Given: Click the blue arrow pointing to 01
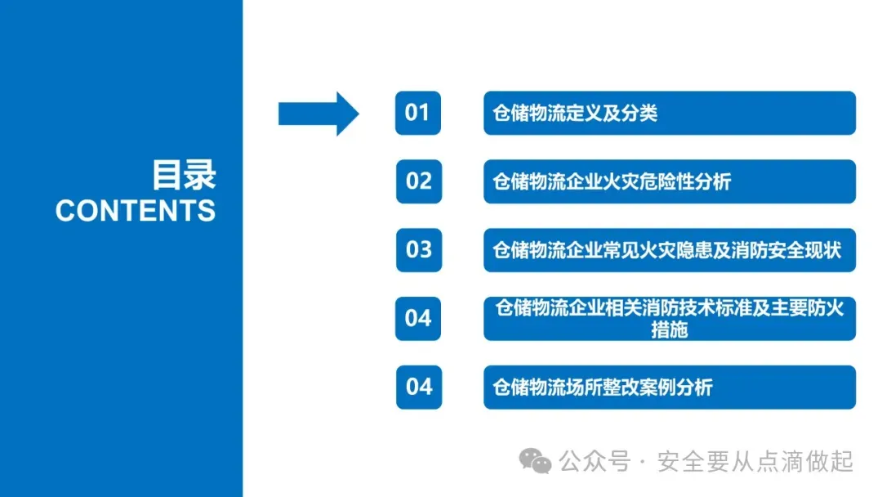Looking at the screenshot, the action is pos(318,113).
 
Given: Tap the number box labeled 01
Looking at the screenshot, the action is pos(417,113).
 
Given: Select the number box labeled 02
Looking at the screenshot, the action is pos(418,181).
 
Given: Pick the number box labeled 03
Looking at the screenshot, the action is pos(418,249).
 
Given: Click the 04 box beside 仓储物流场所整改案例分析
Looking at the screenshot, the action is pos(418,387).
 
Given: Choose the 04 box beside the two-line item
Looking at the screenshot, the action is pos(418,318).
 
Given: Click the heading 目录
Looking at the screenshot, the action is pos(183,175).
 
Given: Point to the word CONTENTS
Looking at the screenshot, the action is pos(136,211).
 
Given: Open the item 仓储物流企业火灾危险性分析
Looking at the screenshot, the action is pos(612,181).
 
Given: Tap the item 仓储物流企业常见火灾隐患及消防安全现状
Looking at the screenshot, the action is pos(666,250).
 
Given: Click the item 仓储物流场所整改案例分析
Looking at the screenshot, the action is pos(603,387).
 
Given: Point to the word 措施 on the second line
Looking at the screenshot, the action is pos(670,329).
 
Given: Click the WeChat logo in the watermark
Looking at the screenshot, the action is pos(537,462).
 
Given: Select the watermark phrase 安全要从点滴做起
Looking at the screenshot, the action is pos(755,462).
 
